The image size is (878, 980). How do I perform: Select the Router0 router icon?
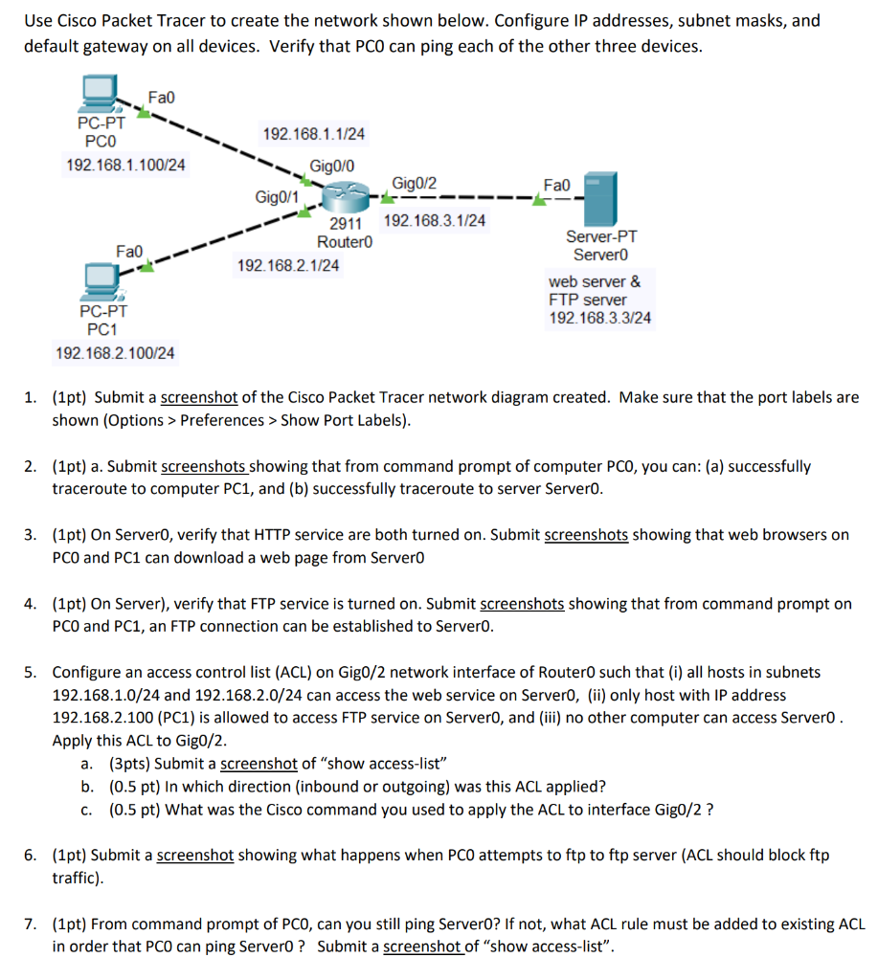(343, 199)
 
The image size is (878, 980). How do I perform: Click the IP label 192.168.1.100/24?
(125, 166)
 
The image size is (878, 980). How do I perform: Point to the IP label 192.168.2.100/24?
(116, 354)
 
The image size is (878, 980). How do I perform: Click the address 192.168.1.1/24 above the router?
(313, 135)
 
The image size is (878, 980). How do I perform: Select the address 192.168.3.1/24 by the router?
(434, 221)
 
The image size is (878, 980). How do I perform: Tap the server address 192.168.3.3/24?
(599, 318)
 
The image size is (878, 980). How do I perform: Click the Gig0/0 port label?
(332, 166)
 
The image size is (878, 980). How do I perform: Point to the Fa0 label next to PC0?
(162, 98)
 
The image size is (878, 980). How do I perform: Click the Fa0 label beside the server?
(556, 183)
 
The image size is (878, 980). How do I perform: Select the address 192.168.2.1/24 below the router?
(288, 265)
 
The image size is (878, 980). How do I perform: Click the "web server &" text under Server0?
(595, 281)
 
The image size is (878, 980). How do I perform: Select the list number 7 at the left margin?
(32, 924)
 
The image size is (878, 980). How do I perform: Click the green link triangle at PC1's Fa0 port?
(146, 267)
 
